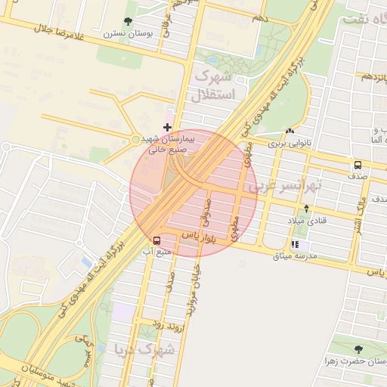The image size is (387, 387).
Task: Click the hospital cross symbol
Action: click(167, 126)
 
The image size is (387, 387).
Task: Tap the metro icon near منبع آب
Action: click(156, 240)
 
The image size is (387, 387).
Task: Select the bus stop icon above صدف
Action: click(357, 164)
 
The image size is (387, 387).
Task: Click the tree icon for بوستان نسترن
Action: click(126, 23)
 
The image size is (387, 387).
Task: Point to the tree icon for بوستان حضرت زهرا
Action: click(358, 348)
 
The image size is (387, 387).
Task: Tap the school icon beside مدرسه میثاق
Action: click(295, 244)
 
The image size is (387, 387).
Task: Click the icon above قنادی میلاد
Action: click(306, 208)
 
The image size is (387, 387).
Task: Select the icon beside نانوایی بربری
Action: click(291, 129)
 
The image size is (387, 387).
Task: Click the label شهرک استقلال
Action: click(215, 85)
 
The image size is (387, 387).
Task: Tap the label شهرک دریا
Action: click(144, 350)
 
